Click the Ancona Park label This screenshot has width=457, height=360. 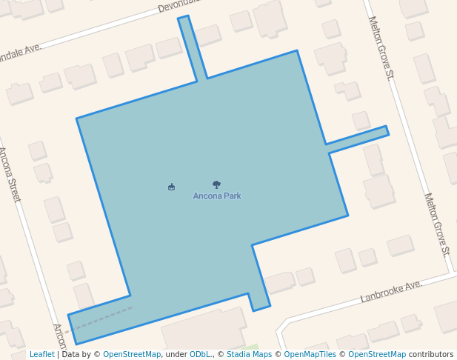(x=217, y=196)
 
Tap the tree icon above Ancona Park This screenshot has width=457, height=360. (x=216, y=184)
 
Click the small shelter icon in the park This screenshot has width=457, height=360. (x=172, y=187)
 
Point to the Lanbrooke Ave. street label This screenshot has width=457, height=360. (x=391, y=291)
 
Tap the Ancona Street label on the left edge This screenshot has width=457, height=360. (x=9, y=174)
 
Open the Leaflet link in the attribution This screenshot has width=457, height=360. (x=41, y=355)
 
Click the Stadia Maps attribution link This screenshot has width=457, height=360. (x=249, y=355)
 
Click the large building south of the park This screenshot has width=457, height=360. (x=204, y=330)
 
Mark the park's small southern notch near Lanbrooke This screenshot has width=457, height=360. (x=260, y=300)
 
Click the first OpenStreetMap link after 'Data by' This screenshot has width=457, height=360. (x=131, y=355)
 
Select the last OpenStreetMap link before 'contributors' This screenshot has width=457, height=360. (x=377, y=355)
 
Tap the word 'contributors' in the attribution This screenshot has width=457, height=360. (x=431, y=355)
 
